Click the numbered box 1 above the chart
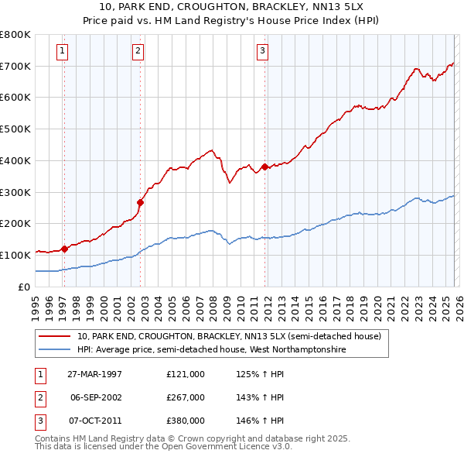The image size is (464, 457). (62, 52)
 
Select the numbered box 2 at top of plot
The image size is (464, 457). (138, 52)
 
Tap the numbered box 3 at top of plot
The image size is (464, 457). (262, 52)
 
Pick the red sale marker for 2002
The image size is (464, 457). (140, 203)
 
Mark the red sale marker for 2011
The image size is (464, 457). (264, 167)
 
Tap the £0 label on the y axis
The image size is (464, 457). (23, 287)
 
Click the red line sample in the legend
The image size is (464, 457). (55, 337)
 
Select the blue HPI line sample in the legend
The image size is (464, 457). (55, 350)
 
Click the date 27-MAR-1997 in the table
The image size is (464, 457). (95, 374)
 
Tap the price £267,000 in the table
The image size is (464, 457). (186, 397)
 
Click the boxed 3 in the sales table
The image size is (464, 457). (39, 421)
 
